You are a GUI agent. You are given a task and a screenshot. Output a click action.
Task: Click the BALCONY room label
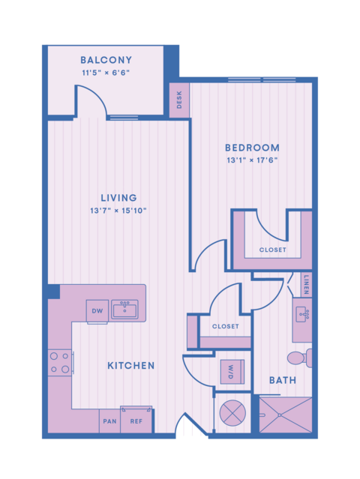point(106,60)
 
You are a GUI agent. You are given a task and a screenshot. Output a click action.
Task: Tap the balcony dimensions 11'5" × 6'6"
point(106,73)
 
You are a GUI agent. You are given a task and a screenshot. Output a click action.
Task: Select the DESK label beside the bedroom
point(179,100)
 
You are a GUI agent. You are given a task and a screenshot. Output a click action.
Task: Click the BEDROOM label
point(252,148)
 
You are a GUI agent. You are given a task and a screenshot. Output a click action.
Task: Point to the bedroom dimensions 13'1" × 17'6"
point(252,160)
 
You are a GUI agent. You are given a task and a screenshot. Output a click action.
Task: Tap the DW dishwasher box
point(97,311)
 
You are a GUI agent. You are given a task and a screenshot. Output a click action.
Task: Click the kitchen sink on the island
point(124,310)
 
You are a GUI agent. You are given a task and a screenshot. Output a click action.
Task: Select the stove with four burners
point(60,363)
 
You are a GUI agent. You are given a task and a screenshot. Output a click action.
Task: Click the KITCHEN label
point(130,366)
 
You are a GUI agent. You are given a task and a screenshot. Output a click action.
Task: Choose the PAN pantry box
point(109,421)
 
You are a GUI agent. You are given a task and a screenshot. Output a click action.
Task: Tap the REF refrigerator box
point(136,421)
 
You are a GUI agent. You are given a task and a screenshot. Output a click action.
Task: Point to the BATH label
point(283,381)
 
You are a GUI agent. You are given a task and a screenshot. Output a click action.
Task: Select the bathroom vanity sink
point(303,314)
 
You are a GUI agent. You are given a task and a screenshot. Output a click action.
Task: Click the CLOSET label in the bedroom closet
point(272,250)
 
